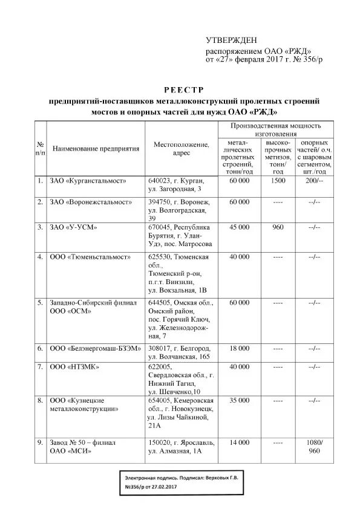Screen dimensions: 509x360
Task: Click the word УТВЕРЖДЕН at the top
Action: click(x=231, y=40)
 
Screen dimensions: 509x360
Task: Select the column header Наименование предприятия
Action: click(x=96, y=148)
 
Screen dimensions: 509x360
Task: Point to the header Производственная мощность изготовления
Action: click(x=275, y=129)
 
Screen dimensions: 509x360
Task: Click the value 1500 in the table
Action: click(x=278, y=181)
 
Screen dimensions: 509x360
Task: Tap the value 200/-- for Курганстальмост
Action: click(x=314, y=181)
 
